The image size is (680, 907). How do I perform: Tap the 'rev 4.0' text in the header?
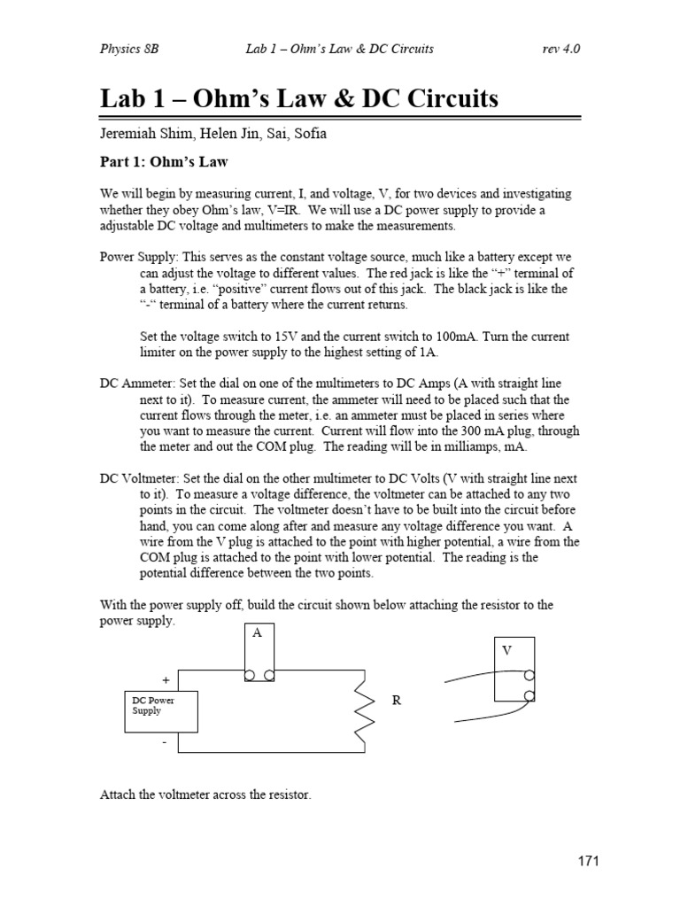click(560, 48)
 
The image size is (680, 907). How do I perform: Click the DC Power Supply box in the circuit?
click(160, 711)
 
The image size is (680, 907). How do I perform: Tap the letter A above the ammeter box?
click(258, 634)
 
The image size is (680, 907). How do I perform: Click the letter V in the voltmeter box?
click(507, 650)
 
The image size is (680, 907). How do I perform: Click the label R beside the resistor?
click(397, 700)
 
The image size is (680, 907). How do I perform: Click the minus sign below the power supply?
click(165, 744)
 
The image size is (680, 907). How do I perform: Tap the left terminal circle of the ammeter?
click(249, 675)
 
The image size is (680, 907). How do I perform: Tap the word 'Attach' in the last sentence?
click(118, 795)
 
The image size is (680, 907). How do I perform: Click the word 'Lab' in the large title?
click(126, 98)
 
